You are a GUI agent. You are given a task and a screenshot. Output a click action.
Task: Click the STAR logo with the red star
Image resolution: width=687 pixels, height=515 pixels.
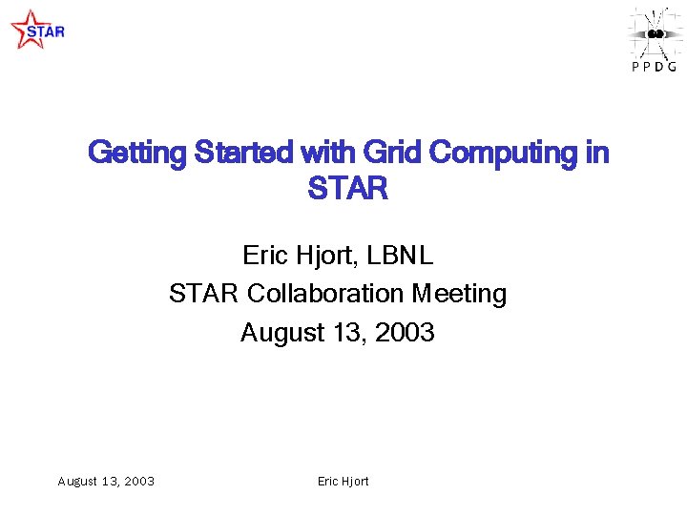36,30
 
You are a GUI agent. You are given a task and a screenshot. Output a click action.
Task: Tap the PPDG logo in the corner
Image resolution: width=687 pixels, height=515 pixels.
654,39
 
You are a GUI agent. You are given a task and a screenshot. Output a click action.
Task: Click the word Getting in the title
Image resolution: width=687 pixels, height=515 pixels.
137,153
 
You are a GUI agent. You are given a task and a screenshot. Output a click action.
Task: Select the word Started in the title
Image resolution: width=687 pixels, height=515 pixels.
243,153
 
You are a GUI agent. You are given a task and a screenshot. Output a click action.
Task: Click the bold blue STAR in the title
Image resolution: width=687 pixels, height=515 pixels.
347,189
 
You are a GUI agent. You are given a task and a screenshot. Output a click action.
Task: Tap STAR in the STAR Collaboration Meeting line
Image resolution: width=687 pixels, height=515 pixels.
204,294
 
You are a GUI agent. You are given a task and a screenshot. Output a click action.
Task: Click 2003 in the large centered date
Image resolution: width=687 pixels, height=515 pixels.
405,333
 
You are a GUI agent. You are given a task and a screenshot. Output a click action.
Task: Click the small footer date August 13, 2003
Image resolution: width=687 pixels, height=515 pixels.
106,482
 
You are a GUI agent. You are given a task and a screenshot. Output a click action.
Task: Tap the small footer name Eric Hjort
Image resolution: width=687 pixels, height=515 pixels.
343,482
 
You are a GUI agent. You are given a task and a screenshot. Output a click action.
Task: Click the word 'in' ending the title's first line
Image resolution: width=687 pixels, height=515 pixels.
596,153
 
